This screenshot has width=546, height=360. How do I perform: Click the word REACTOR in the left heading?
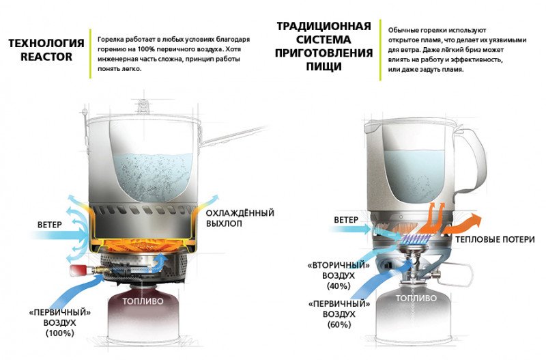click(x=46, y=57)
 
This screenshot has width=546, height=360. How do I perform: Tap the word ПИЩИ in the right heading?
click(x=324, y=66)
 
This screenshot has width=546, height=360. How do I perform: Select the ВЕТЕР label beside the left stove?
click(x=49, y=225)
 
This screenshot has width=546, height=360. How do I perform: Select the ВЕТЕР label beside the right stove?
click(x=346, y=220)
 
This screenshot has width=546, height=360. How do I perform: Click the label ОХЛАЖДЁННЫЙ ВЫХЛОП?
click(x=240, y=218)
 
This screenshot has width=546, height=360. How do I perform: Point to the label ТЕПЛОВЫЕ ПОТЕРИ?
click(x=495, y=239)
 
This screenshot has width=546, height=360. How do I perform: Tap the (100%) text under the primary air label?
click(x=60, y=333)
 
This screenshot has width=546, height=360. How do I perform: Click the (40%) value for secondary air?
click(x=339, y=286)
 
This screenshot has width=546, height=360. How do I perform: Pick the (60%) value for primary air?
click(x=339, y=324)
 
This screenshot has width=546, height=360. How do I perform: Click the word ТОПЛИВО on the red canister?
click(x=143, y=301)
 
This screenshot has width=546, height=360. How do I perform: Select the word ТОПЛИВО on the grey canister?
click(x=416, y=299)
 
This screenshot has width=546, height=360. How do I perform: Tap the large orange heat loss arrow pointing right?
click(x=463, y=224)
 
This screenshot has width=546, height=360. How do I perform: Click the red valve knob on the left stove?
click(x=76, y=271)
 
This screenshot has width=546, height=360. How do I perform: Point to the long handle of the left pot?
click(x=235, y=135)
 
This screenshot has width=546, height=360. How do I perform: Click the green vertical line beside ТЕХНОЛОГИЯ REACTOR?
click(x=90, y=54)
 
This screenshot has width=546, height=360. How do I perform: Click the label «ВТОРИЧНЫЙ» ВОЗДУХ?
click(x=339, y=271)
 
